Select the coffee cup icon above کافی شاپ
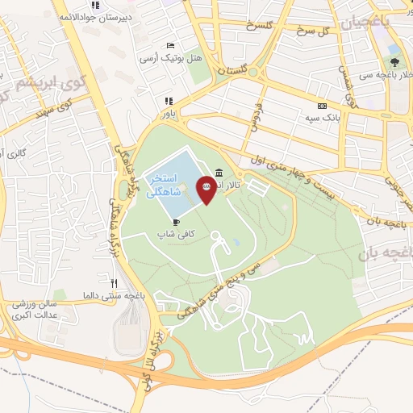click(x=176, y=221)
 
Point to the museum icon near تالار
click(x=220, y=172)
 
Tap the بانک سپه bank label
click(x=319, y=118)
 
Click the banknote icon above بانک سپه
click(x=322, y=106)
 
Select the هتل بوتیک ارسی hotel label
click(x=169, y=57)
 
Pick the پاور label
click(x=169, y=113)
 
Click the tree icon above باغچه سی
click(x=394, y=61)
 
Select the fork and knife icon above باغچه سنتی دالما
click(x=115, y=283)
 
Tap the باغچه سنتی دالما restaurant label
click(x=112, y=296)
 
